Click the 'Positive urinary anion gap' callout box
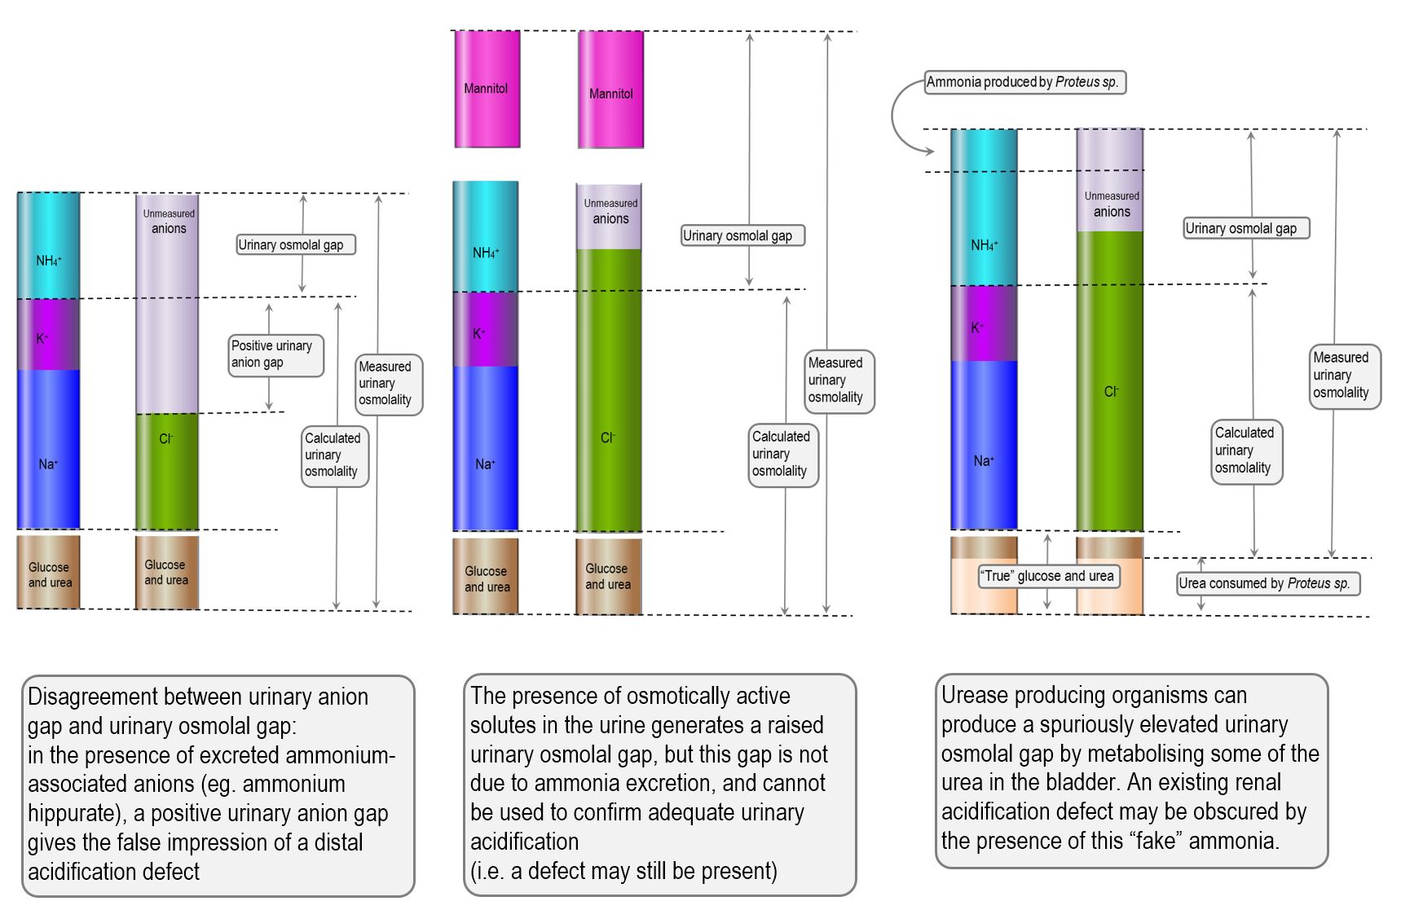[x=275, y=355]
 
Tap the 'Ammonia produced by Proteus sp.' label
[x=1024, y=82]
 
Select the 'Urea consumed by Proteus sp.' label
[x=1268, y=583]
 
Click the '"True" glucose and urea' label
[x=1047, y=576]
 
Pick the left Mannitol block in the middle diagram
[x=487, y=89]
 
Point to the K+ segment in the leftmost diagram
[x=48, y=336]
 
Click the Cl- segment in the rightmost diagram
[x=1109, y=391]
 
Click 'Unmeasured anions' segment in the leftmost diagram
[x=167, y=310]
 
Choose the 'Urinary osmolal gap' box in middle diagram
[x=742, y=235]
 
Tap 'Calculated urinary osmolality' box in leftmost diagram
[x=334, y=455]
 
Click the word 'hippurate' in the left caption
[x=72, y=813]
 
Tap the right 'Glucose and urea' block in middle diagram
[x=608, y=576]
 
